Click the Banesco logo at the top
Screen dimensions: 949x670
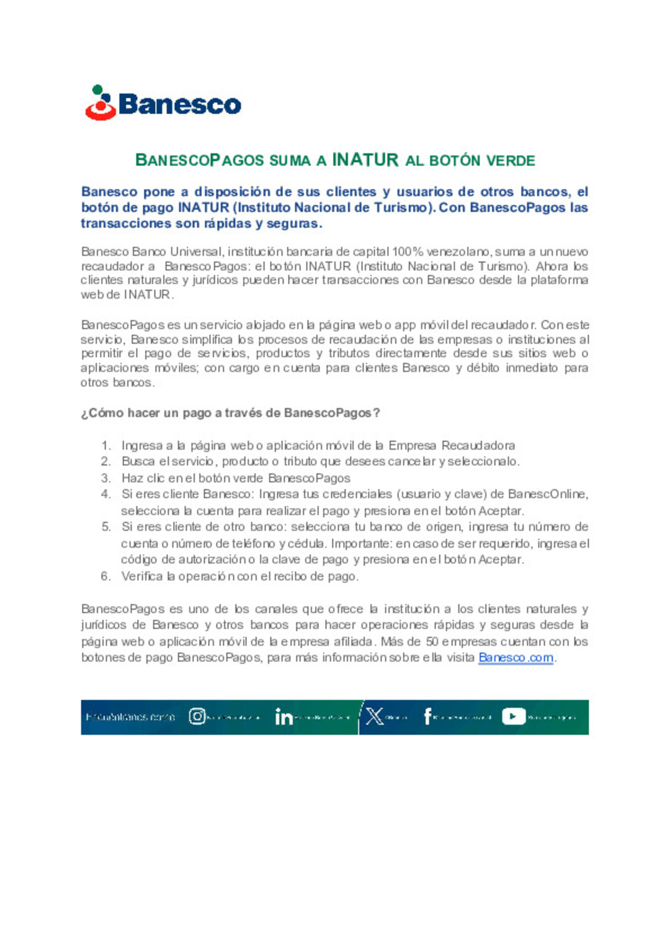163,103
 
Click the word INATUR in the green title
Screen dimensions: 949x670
365,160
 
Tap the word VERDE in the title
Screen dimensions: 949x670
511,160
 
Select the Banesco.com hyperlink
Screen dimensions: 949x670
516,658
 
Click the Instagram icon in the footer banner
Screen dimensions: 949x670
197,717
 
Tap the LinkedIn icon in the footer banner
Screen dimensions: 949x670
284,717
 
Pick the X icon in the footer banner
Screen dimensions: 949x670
375,717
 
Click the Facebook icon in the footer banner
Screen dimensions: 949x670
427,717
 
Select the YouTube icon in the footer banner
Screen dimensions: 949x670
514,717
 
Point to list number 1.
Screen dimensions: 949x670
106,445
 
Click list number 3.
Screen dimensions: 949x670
106,478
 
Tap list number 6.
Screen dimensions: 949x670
106,576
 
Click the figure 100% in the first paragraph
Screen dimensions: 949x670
408,252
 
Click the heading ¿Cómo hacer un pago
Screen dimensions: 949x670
230,413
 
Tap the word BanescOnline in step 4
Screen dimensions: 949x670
546,494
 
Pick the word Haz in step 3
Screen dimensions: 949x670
132,478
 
